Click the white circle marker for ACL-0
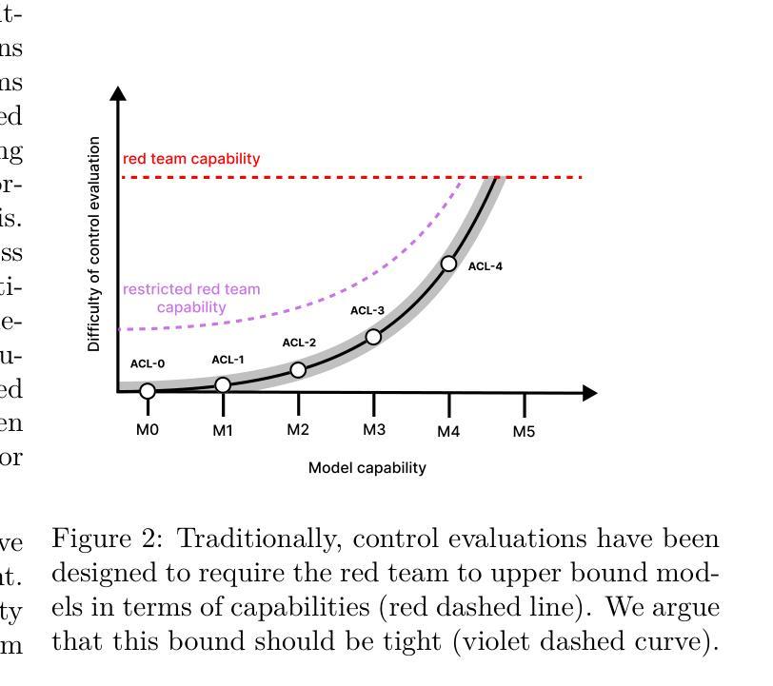click(148, 391)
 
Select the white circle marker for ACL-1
click(223, 385)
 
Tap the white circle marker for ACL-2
click(298, 369)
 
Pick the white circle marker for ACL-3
click(373, 337)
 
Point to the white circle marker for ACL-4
click(448, 264)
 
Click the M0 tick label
click(147, 430)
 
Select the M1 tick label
click(223, 430)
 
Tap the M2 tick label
click(298, 430)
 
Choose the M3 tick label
click(373, 430)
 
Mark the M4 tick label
click(448, 431)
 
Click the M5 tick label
click(525, 431)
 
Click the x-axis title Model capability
click(367, 468)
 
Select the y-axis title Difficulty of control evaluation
click(94, 244)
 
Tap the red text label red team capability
click(191, 159)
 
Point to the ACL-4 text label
click(485, 266)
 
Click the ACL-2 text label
click(299, 343)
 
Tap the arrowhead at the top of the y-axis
click(118, 93)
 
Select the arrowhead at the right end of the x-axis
click(589, 392)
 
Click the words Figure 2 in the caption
click(110, 539)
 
